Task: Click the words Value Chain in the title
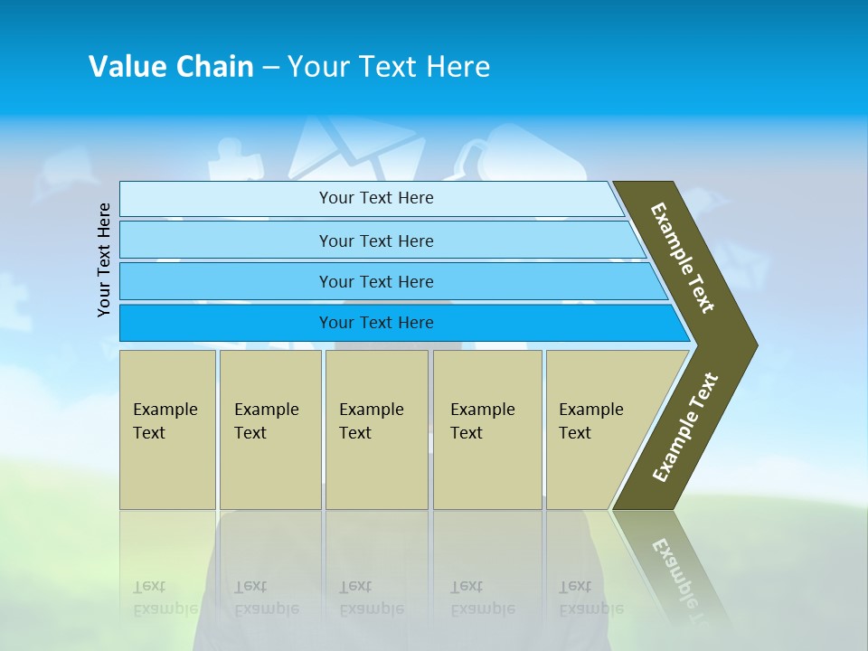point(171,66)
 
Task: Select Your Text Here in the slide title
point(389,66)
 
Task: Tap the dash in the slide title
point(270,67)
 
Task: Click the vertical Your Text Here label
point(104,259)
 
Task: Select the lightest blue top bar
point(375,198)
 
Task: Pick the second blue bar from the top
point(375,241)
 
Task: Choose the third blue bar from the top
point(375,281)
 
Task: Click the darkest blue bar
point(375,323)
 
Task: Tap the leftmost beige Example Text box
point(167,429)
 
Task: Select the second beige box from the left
point(269,429)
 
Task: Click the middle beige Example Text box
point(376,429)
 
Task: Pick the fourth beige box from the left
point(486,429)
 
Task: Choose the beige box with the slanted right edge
point(601,429)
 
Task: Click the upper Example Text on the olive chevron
point(683,258)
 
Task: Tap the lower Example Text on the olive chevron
point(685,428)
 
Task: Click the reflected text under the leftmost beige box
point(165,597)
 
